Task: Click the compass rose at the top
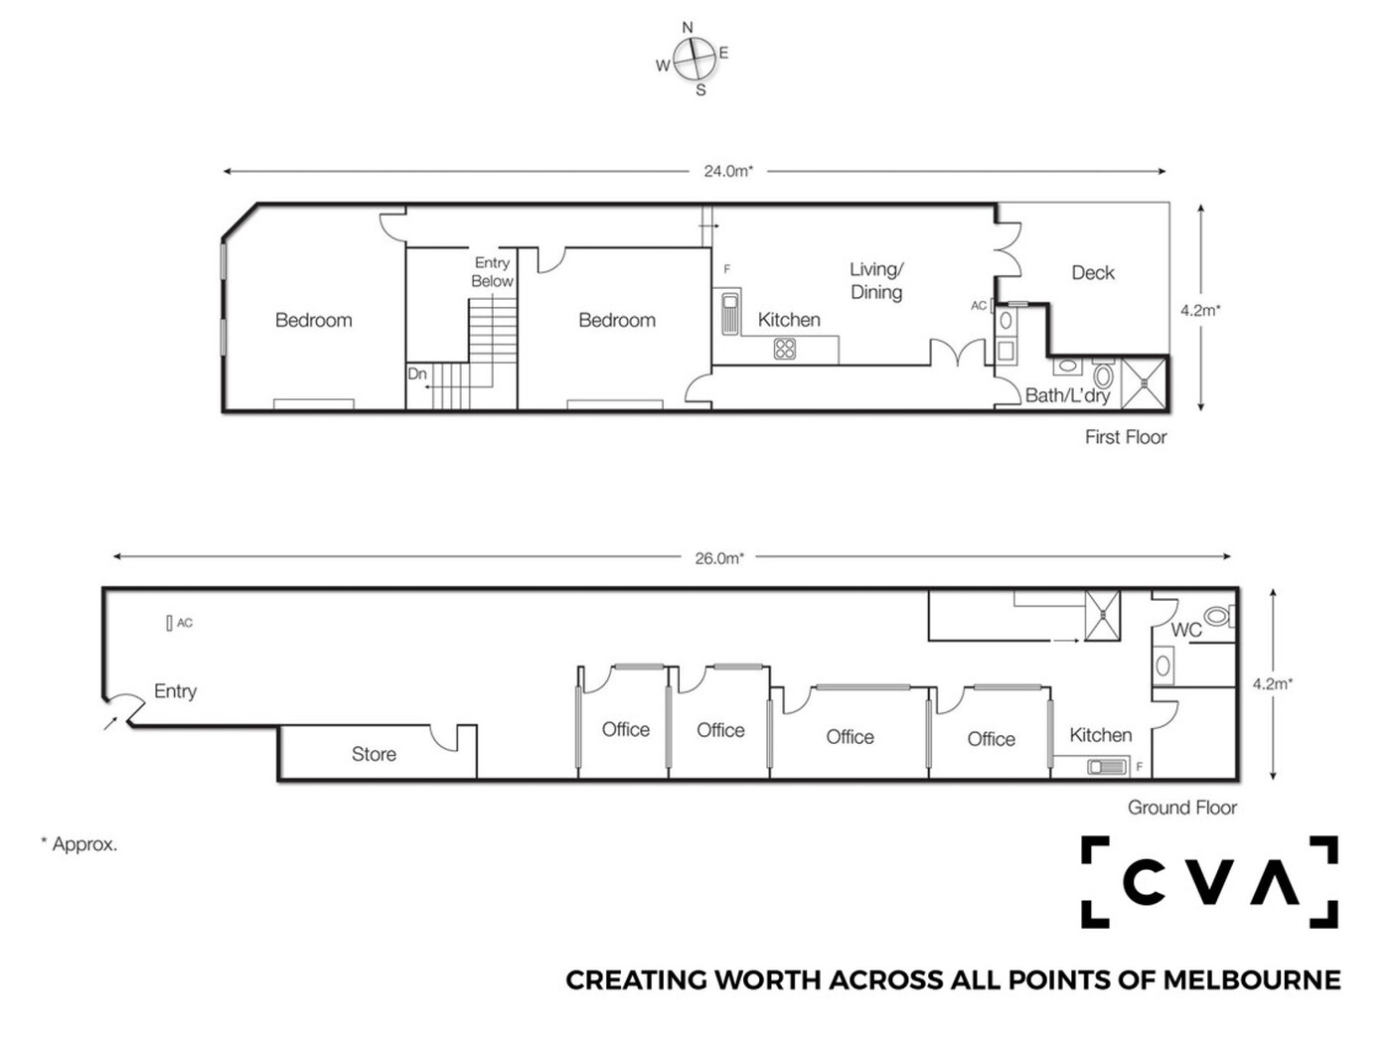pos(694,59)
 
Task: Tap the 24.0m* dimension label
pos(728,171)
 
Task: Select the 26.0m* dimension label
pos(719,558)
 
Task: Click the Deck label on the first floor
pos(1093,273)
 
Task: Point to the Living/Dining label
pos(876,280)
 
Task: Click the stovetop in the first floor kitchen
pos(785,349)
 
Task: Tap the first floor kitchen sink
pos(730,312)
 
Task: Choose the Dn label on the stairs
pos(417,373)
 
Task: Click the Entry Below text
pos(493,272)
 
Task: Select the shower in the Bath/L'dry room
pos(1144,383)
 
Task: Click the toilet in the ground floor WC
pos(1219,616)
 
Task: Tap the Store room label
pos(374,754)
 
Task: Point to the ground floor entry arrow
pos(111,723)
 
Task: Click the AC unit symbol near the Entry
pos(169,623)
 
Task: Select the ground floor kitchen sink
pos(1107,767)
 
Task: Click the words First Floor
pos(1126,437)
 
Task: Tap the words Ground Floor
pos(1182,808)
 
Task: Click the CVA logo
pos(1209,882)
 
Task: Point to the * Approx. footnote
pos(79,844)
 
